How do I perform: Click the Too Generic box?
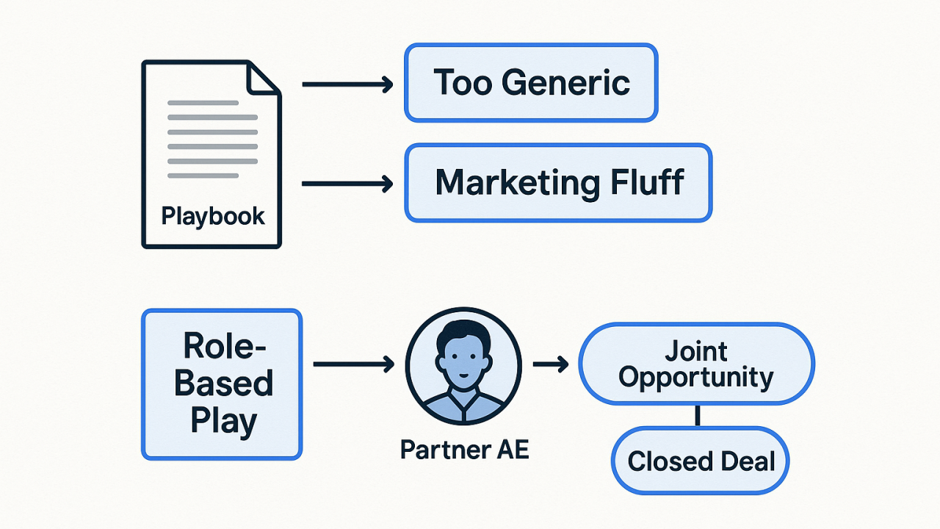[x=531, y=82]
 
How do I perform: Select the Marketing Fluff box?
[x=558, y=182]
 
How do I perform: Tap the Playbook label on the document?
[x=213, y=217]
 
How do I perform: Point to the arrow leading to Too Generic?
[x=347, y=85]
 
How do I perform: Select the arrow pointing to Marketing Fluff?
[x=347, y=183]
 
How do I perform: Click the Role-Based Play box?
[x=221, y=384]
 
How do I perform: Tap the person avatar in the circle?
[x=463, y=364]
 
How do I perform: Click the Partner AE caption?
[x=464, y=450]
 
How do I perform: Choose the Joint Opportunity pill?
[x=695, y=364]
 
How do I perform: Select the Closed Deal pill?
[x=700, y=461]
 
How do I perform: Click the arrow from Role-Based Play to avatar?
[x=355, y=364]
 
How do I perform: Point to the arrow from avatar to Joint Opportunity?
[x=551, y=364]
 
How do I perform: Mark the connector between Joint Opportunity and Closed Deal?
[x=697, y=416]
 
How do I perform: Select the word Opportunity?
[x=695, y=378]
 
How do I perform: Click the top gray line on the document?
[x=203, y=103]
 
